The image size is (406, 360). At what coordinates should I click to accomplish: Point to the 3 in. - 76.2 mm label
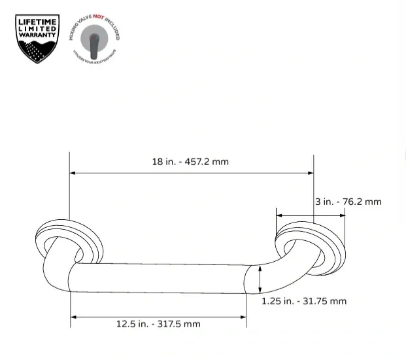tap(348, 202)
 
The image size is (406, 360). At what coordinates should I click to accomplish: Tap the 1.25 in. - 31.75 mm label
tap(304, 301)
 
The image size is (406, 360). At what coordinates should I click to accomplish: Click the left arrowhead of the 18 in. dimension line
tap(73, 173)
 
